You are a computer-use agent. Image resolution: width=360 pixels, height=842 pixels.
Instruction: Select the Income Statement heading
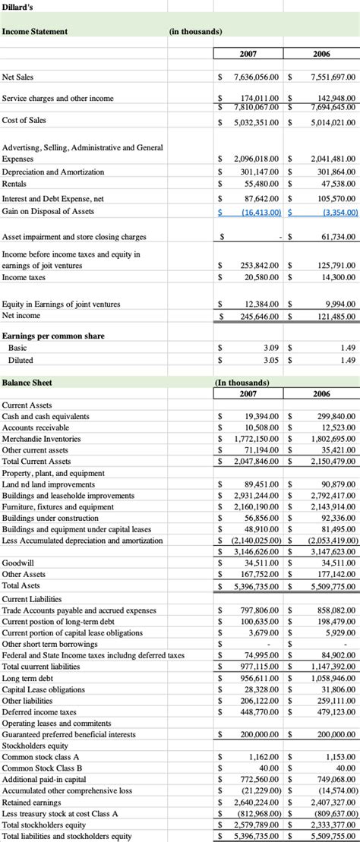coord(35,31)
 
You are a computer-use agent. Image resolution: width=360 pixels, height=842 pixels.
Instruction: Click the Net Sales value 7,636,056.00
coord(258,77)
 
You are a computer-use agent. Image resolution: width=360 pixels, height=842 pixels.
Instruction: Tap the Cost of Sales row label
coord(24,120)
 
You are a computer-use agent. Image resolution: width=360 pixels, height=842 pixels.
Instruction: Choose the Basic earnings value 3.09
coord(273,347)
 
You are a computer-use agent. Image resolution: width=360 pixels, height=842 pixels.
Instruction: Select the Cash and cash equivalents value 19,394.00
coord(263,417)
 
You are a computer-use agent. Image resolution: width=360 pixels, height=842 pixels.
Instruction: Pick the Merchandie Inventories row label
coord(41,439)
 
